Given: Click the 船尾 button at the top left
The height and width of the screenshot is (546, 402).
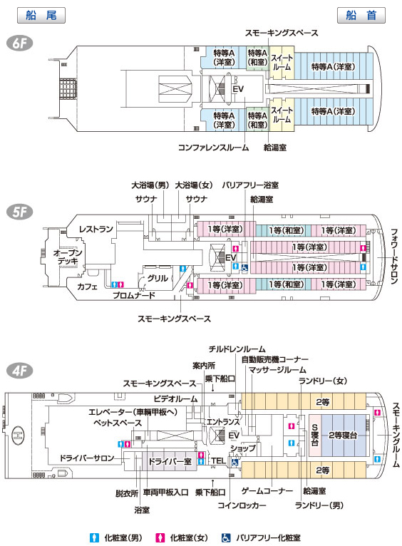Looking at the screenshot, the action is pyautogui.click(x=41, y=15).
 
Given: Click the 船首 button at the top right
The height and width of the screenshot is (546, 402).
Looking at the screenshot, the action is pyautogui.click(x=361, y=15).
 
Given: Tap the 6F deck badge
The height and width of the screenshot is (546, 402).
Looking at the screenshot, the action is pyautogui.click(x=19, y=43).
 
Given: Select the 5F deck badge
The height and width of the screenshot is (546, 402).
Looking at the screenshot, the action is pyautogui.click(x=19, y=212).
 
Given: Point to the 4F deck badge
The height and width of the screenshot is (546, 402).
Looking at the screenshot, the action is pyautogui.click(x=19, y=371).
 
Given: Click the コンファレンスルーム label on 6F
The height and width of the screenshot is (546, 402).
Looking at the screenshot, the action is pyautogui.click(x=213, y=148).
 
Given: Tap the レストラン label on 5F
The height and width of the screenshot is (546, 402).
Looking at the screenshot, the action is pyautogui.click(x=96, y=229).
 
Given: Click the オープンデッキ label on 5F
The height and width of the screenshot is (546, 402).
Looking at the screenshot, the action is pyautogui.click(x=68, y=257).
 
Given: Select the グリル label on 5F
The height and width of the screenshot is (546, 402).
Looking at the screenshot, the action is pyautogui.click(x=158, y=278).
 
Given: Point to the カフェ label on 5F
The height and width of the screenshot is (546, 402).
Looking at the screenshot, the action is pyautogui.click(x=87, y=287).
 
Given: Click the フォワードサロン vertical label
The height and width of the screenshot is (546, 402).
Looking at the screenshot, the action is pyautogui.click(x=393, y=257).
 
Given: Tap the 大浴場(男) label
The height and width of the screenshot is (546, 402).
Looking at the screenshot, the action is pyautogui.click(x=150, y=185).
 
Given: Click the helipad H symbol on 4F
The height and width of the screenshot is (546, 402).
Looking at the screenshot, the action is pyautogui.click(x=16, y=436).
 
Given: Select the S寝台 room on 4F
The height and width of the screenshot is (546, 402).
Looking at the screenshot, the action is pyautogui.click(x=314, y=435).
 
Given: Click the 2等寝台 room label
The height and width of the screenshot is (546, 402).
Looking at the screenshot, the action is pyautogui.click(x=343, y=435).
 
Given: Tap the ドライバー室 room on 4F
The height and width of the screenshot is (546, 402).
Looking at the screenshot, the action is pyautogui.click(x=170, y=461).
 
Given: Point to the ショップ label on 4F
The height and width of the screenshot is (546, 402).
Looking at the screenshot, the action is pyautogui.click(x=243, y=448).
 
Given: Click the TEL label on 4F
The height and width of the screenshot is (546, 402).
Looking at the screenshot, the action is pyautogui.click(x=218, y=460).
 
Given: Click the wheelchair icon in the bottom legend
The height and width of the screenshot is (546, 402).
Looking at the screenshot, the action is pyautogui.click(x=226, y=537).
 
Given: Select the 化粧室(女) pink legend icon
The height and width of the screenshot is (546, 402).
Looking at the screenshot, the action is pyautogui.click(x=160, y=537).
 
